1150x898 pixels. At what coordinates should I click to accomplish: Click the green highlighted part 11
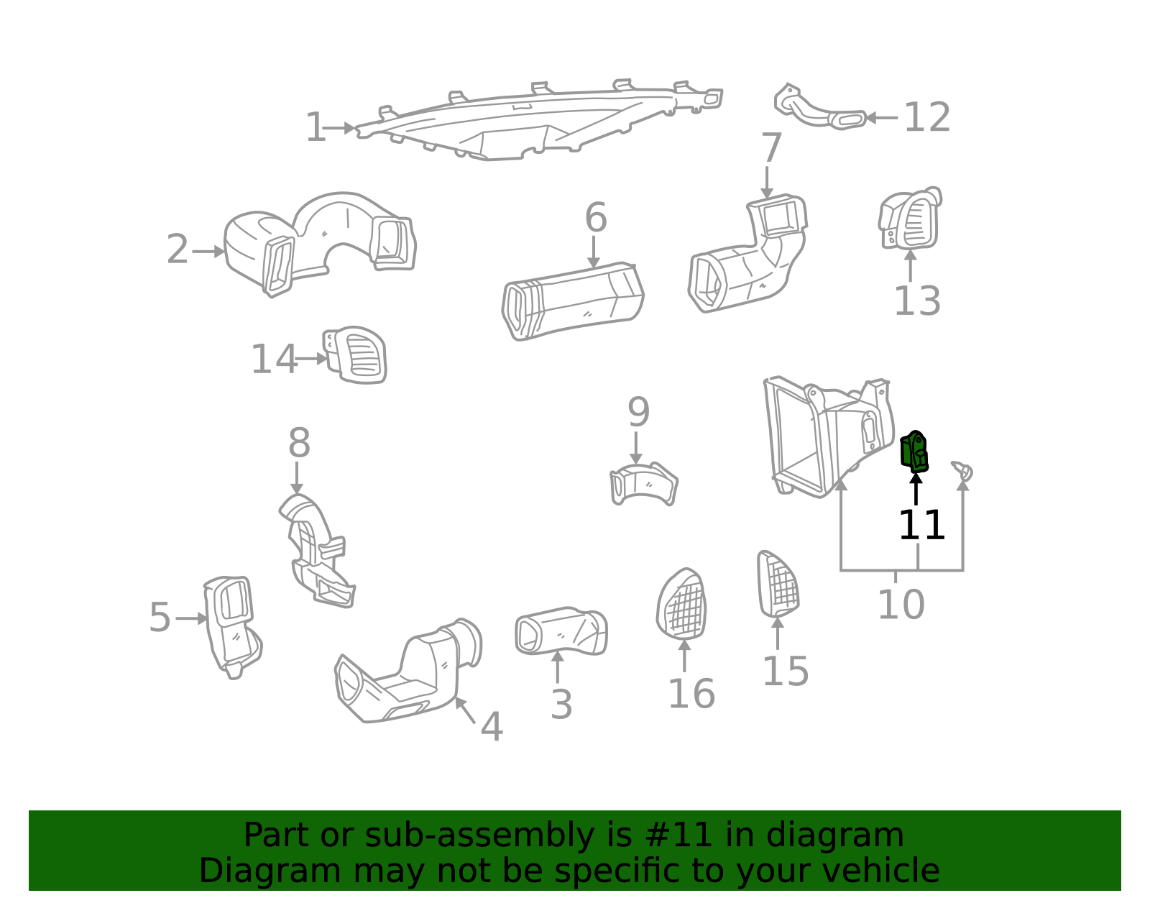[914, 452]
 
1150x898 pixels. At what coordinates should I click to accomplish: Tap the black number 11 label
[921, 525]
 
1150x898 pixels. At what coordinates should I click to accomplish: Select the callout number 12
[927, 117]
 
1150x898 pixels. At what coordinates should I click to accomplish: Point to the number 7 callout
[771, 147]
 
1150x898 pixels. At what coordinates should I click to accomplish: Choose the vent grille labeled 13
[909, 218]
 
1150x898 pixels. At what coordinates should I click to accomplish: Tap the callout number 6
[595, 217]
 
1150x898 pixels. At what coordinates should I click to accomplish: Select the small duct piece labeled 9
[643, 484]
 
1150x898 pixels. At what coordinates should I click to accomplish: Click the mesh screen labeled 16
[681, 605]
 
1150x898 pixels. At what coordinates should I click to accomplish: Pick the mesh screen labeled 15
[777, 585]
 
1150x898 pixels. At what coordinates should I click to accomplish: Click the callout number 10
[901, 605]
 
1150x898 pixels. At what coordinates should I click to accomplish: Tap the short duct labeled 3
[561, 631]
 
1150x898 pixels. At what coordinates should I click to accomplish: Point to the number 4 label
[492, 727]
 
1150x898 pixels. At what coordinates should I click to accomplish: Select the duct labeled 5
[232, 628]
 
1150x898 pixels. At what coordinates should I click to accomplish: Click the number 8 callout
[299, 442]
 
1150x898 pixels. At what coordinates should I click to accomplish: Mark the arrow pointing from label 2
[208, 252]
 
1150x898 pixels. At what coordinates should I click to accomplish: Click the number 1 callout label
[316, 127]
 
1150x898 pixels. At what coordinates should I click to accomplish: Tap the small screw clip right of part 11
[962, 470]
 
